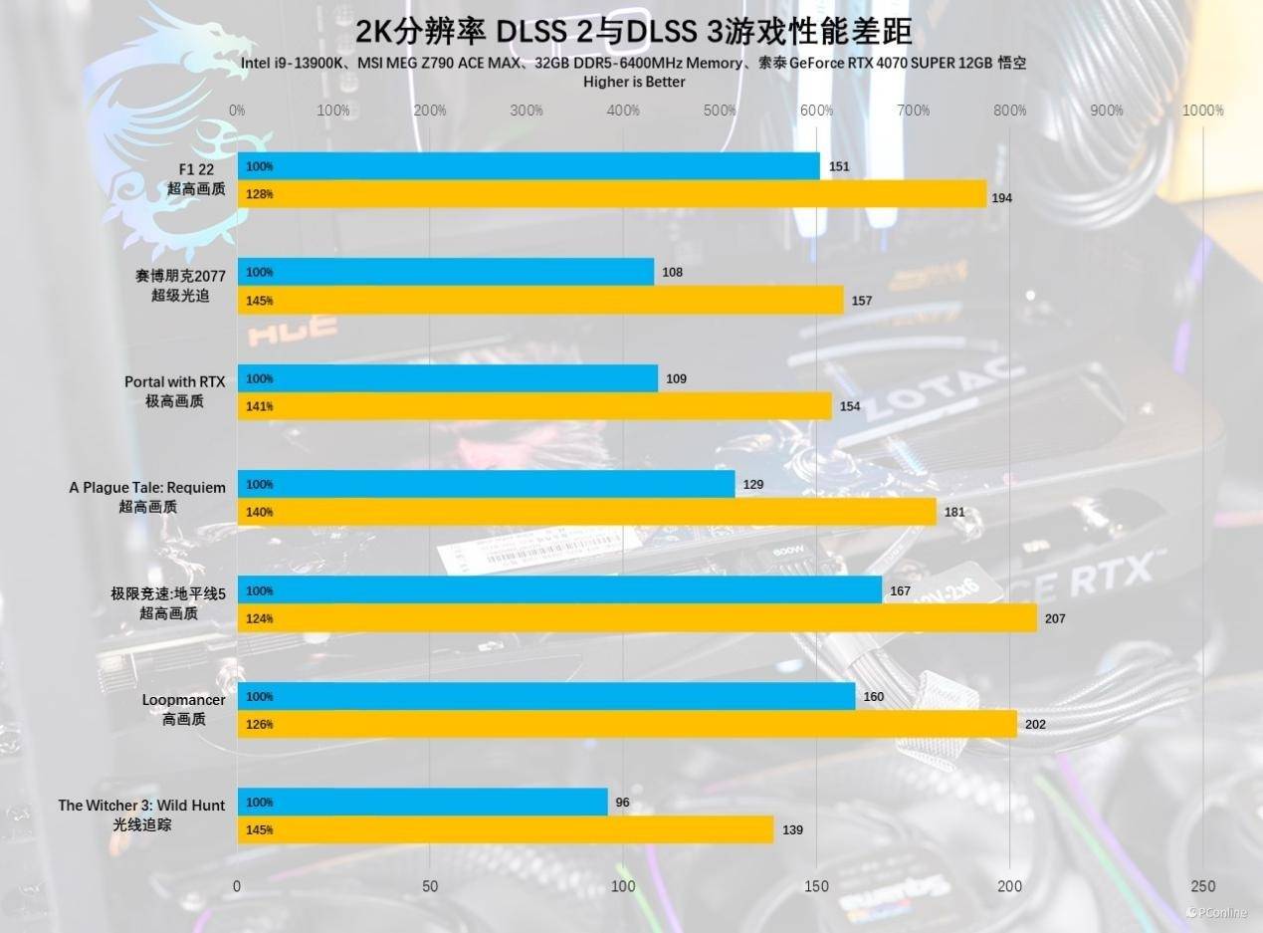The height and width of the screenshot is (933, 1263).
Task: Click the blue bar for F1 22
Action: click(x=527, y=166)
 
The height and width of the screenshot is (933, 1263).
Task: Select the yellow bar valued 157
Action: click(x=539, y=300)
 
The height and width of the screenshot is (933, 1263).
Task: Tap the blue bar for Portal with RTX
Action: click(x=447, y=378)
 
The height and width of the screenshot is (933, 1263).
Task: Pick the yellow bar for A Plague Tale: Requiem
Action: click(x=586, y=512)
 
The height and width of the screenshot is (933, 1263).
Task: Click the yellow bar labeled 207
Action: click(x=637, y=618)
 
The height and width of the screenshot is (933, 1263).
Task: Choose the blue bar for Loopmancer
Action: click(x=545, y=696)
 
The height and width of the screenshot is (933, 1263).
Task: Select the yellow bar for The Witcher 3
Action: click(x=505, y=829)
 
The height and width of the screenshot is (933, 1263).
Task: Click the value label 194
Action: click(x=1001, y=198)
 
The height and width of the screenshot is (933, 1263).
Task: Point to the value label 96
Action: click(x=622, y=803)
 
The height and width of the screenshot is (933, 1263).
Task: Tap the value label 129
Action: click(x=752, y=484)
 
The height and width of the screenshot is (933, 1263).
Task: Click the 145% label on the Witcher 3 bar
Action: click(x=259, y=830)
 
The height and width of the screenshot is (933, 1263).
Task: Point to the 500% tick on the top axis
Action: click(x=720, y=111)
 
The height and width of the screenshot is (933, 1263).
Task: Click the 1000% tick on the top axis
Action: click(x=1201, y=111)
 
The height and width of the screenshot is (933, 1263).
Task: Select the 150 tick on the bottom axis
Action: click(x=816, y=886)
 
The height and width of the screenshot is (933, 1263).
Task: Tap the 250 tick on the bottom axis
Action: click(x=1202, y=886)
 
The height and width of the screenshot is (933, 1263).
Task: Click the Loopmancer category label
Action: click(x=184, y=709)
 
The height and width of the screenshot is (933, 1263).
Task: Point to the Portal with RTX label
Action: click(x=175, y=390)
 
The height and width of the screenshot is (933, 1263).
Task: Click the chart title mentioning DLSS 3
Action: click(x=634, y=33)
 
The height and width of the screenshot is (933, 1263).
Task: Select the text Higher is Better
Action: click(x=634, y=82)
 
